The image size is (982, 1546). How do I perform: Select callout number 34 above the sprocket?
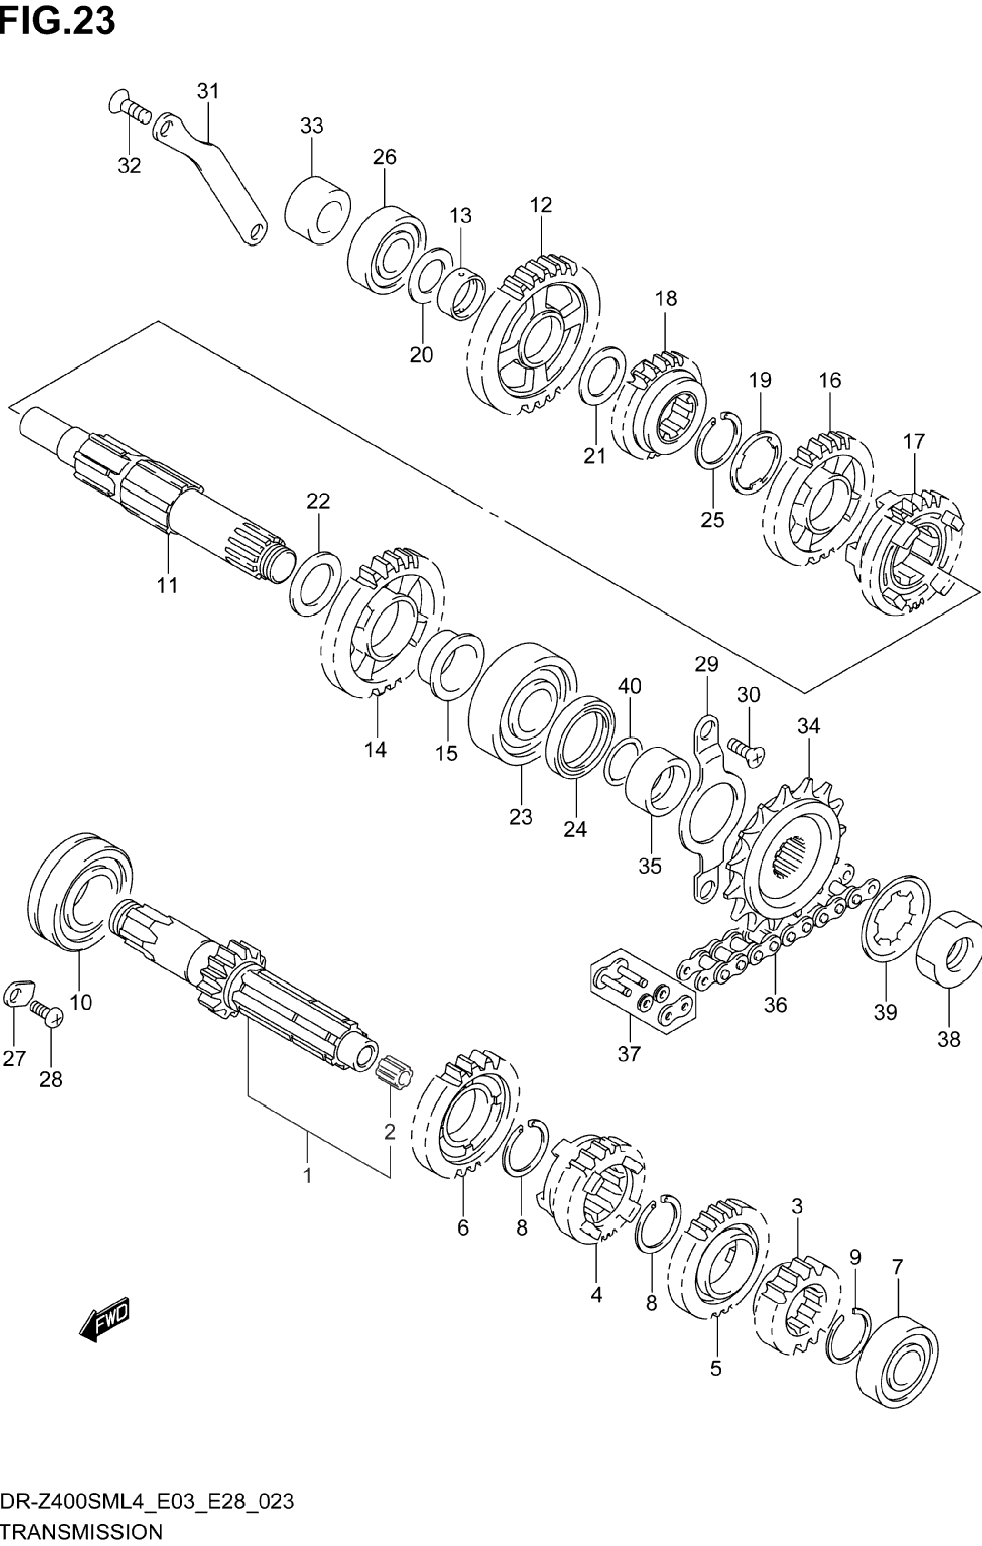pyautogui.click(x=809, y=726)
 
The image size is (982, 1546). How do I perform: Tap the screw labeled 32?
pyautogui.click(x=129, y=109)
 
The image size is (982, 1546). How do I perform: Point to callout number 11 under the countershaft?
pyautogui.click(x=168, y=586)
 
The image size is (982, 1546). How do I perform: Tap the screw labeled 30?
pyautogui.click(x=746, y=750)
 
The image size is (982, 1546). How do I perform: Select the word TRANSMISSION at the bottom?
pyautogui.click(x=81, y=1532)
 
